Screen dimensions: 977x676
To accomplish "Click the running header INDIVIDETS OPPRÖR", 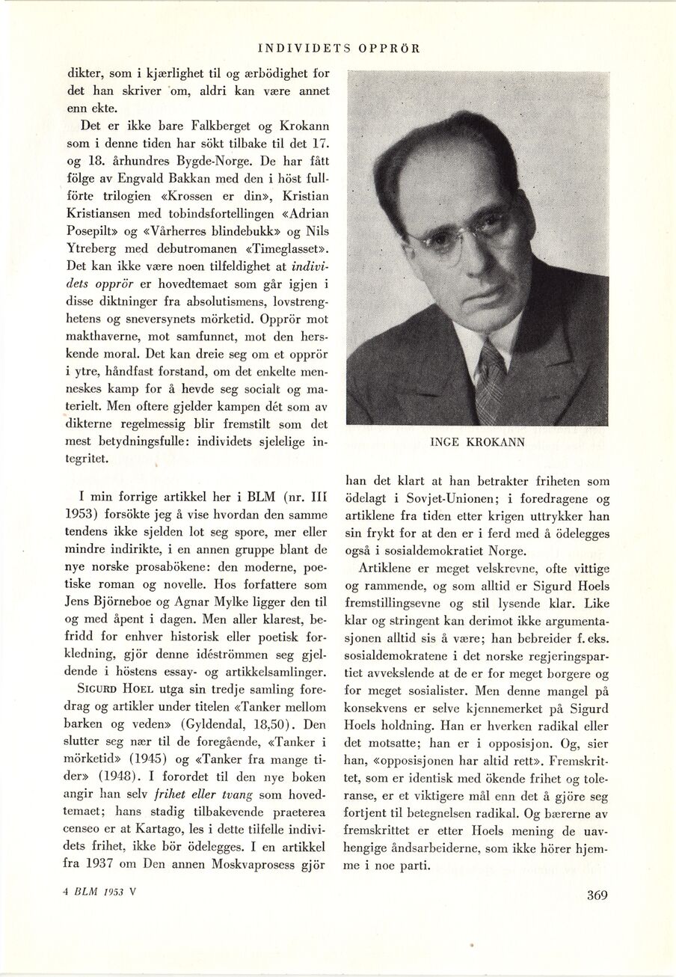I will coord(338,49).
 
